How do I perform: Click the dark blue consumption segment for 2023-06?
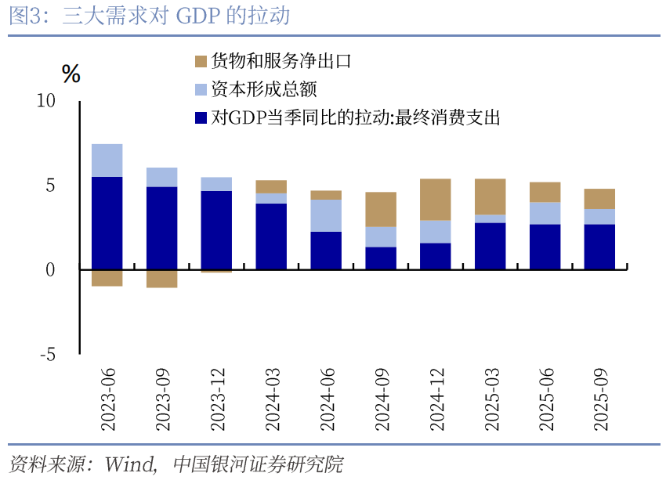tap(107, 223)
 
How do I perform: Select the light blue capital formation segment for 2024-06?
tap(326, 215)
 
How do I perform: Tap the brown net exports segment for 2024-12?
tap(435, 200)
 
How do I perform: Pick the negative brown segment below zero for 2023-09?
tap(162, 278)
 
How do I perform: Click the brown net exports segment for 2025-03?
tap(490, 197)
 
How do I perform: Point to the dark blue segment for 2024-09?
tap(381, 258)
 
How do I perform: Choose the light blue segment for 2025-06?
tap(545, 213)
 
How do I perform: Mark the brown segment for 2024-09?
tap(381, 209)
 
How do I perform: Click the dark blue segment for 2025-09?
tap(599, 247)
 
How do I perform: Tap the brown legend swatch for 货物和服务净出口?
tap(201, 61)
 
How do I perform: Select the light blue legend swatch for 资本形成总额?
tap(201, 89)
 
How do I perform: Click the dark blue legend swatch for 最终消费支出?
tap(201, 118)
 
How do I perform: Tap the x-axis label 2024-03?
tap(272, 400)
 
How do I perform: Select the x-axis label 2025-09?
tap(599, 400)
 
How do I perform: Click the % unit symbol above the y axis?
tap(71, 74)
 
